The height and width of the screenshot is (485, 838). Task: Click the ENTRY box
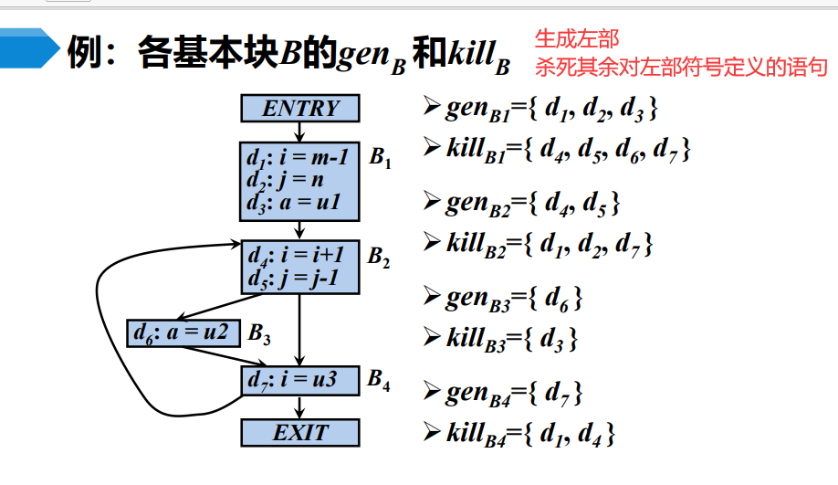(x=300, y=109)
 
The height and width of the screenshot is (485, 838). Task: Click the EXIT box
(x=300, y=432)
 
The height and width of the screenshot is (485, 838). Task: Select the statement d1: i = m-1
(x=298, y=157)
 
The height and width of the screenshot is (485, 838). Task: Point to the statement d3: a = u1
(x=292, y=203)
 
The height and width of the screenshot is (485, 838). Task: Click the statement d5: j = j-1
(x=292, y=278)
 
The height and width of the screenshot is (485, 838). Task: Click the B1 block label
(x=381, y=158)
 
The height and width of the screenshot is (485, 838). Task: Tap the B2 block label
(x=379, y=258)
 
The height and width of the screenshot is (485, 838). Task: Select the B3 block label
(x=259, y=335)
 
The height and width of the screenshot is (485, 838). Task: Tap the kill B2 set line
(x=548, y=244)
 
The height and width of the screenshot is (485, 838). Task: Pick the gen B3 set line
(x=512, y=297)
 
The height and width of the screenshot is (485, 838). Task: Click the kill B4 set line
(x=529, y=432)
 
